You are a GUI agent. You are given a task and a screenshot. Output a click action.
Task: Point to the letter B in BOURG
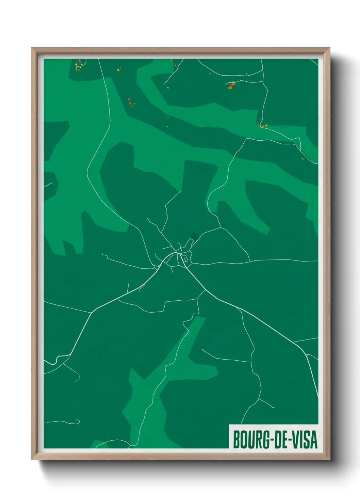pos(236,439)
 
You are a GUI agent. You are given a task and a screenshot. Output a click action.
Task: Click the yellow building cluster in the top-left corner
pos(79,66)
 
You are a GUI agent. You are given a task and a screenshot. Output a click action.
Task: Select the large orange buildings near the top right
pos(232,85)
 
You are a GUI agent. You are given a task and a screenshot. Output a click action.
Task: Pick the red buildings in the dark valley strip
pos(131,103)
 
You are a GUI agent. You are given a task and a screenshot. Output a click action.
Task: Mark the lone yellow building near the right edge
pos(302,159)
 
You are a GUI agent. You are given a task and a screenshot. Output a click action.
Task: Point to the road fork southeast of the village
pos(205,290)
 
